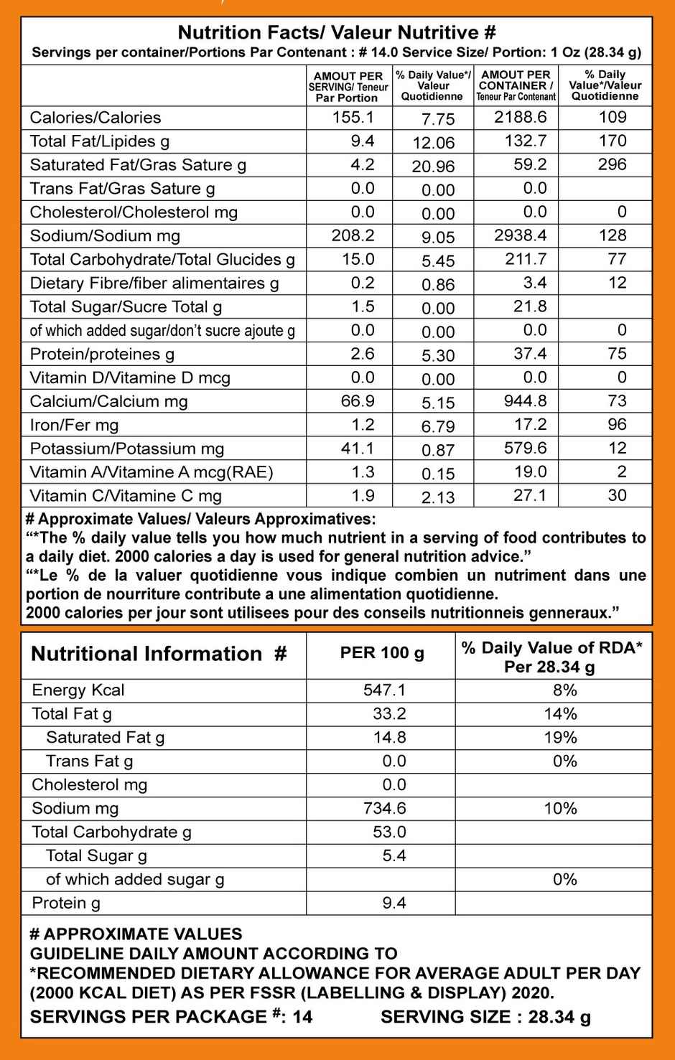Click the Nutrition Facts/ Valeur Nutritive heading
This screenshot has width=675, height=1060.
point(337,32)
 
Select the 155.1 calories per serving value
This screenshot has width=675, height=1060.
point(353,117)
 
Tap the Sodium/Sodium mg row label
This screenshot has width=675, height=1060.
point(105,236)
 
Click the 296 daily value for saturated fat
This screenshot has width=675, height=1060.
point(612,164)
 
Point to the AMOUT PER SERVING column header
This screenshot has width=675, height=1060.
point(348,86)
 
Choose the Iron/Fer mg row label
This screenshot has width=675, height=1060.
point(74,426)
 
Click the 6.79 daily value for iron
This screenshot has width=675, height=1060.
point(437,426)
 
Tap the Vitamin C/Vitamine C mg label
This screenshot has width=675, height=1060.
point(126,496)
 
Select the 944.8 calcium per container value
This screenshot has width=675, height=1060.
point(526,401)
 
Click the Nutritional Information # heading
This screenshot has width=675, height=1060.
point(159,654)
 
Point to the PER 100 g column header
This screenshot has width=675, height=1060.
point(381,654)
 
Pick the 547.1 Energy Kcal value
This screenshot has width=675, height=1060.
point(384,690)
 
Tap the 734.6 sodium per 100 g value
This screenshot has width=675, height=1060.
point(384,809)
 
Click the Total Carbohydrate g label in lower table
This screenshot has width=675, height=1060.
point(111,832)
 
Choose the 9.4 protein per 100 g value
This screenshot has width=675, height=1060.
point(394,904)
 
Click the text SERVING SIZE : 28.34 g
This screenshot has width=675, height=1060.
point(485,1017)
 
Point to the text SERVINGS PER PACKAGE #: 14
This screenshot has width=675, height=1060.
point(171,1017)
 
